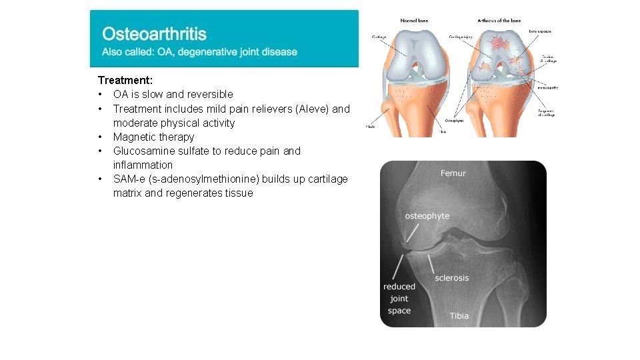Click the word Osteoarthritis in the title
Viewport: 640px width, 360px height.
154,33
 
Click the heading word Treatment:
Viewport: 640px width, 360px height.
125,80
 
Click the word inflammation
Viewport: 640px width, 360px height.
143,165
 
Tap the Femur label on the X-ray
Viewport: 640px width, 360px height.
453,173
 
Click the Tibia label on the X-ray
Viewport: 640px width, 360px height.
459,315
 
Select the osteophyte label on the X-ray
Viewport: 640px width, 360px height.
427,216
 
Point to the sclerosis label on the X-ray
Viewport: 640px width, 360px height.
451,277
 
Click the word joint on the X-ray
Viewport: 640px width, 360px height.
399,299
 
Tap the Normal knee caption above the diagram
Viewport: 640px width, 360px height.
414,20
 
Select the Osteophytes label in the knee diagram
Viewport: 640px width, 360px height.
457,121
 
